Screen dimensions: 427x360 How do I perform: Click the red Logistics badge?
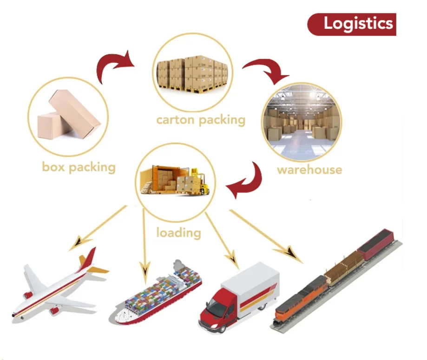coord(352,24)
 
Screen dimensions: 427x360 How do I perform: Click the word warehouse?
coord(309,170)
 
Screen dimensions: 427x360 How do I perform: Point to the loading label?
coord(178,232)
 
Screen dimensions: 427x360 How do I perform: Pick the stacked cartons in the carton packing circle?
coord(192,74)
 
